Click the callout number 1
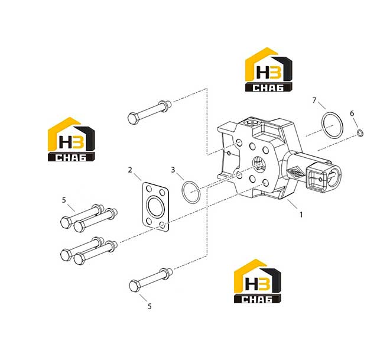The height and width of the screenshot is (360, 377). point(301,214)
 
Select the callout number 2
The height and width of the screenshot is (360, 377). point(130,170)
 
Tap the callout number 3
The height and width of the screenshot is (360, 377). point(173,170)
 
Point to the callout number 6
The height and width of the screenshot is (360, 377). point(352,113)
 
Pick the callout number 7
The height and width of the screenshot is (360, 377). point(314,100)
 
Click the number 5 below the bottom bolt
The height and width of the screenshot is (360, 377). point(149,306)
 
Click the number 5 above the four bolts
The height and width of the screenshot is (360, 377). point(64,200)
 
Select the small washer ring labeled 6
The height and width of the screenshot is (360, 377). point(360,133)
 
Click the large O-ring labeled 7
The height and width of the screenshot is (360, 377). point(322,125)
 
